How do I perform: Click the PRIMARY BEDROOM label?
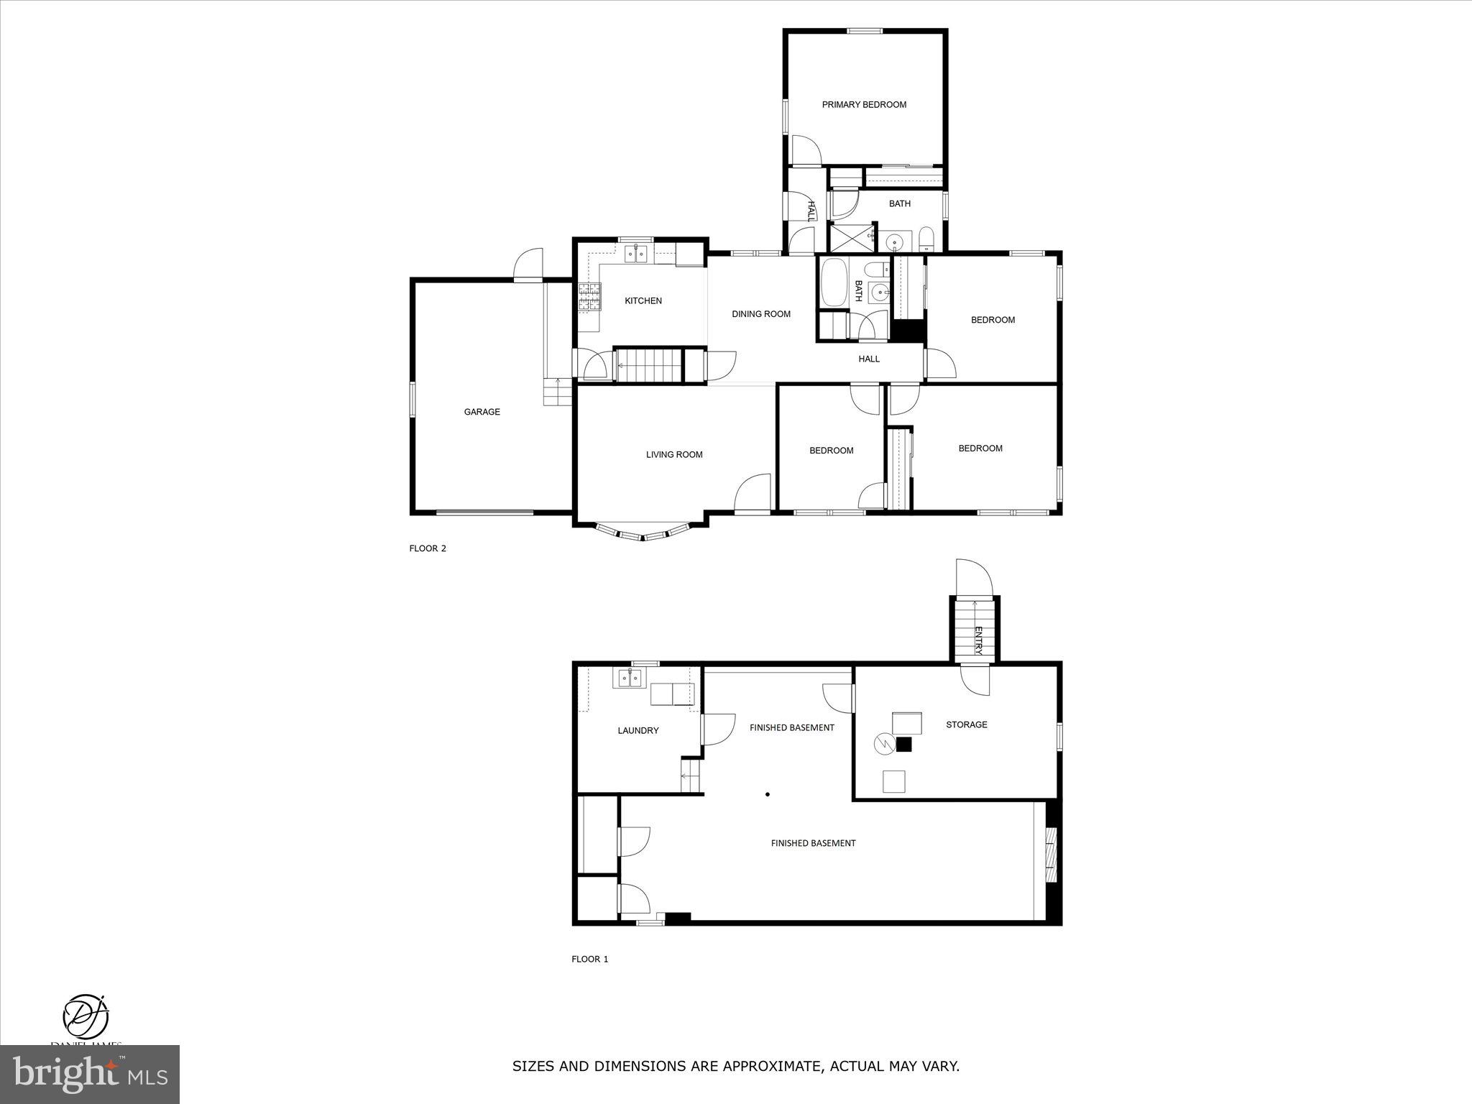click(x=864, y=105)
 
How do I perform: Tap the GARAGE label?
click(x=482, y=412)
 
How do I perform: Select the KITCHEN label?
click(x=643, y=301)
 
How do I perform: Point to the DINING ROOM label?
click(x=760, y=314)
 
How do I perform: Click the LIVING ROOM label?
click(x=673, y=454)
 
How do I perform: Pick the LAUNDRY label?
click(x=638, y=731)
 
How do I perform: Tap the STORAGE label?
click(x=966, y=724)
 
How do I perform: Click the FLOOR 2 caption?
click(x=428, y=548)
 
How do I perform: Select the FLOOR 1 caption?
click(x=589, y=959)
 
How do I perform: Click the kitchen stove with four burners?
click(x=589, y=297)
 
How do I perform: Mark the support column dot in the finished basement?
click(x=768, y=794)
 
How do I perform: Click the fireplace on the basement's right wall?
click(x=1052, y=855)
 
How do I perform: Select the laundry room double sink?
click(x=630, y=678)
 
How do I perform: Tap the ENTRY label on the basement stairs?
click(x=977, y=640)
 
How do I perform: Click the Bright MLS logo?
click(x=90, y=1073)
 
